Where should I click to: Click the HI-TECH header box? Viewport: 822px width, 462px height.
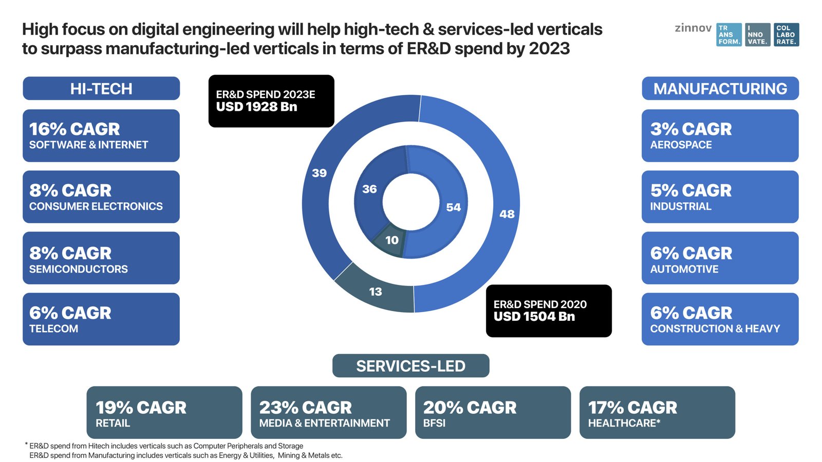tap(101, 88)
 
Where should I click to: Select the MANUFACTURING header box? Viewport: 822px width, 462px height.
tap(720, 88)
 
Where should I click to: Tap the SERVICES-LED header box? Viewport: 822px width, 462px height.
tap(410, 365)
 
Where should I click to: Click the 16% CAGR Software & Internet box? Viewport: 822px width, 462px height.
tap(101, 136)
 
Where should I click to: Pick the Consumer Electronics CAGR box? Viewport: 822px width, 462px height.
tap(101, 197)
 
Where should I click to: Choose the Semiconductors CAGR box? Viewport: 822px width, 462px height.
tap(101, 258)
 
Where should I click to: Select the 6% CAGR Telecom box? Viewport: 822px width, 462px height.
tap(101, 319)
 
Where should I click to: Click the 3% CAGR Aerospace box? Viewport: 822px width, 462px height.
tap(720, 136)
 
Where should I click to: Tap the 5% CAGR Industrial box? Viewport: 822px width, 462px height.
tap(720, 197)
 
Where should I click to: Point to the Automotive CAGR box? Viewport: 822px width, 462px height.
tap(720, 258)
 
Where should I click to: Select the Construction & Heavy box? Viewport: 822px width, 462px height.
tap(720, 319)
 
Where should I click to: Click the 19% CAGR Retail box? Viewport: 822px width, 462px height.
tap(164, 412)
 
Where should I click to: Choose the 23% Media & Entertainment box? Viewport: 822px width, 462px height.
tap(328, 412)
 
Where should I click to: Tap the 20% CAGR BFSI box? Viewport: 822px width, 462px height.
tap(493, 412)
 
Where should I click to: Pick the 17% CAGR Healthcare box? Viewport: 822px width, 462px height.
tap(657, 412)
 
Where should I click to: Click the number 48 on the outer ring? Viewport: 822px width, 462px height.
tap(507, 214)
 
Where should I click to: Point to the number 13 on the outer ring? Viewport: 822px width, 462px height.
tap(376, 292)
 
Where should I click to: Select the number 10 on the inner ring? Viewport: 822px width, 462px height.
tap(392, 240)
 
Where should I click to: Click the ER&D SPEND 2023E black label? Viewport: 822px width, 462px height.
tap(271, 101)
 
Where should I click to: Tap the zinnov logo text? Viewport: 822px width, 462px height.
tap(693, 28)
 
